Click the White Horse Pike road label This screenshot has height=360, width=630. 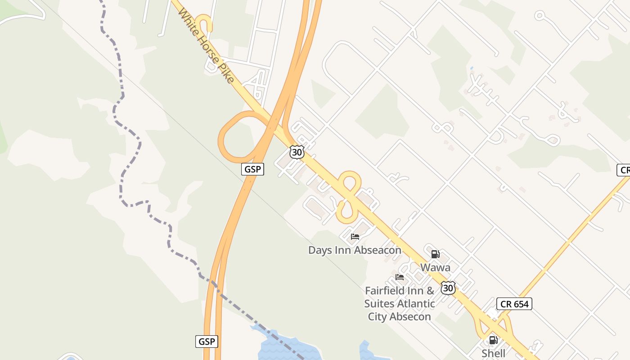(x=206, y=46)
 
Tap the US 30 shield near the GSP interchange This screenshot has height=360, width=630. (x=297, y=152)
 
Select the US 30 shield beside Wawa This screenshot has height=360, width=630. (x=448, y=288)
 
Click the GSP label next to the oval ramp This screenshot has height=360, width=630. (x=252, y=169)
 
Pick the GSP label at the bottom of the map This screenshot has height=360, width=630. (x=207, y=341)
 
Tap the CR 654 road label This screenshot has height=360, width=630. (x=514, y=304)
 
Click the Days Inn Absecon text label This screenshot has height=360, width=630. (x=355, y=250)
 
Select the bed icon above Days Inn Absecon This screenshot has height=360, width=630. (x=355, y=237)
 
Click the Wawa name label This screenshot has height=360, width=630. (x=435, y=267)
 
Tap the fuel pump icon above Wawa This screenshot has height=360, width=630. (x=435, y=254)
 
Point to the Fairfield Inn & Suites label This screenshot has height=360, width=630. (x=400, y=303)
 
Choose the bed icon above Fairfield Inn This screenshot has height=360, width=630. (x=399, y=277)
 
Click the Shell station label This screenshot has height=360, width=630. (x=493, y=353)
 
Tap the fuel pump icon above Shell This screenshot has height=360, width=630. (x=493, y=340)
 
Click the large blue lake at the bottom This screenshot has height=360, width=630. (x=288, y=346)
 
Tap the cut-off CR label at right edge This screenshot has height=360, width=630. (x=624, y=170)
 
